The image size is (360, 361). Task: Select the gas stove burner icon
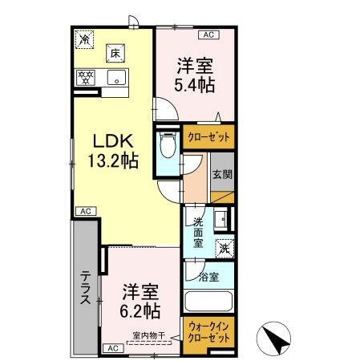(x=86, y=79)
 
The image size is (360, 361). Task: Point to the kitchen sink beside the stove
(x=116, y=79)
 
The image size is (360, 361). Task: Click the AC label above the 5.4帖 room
(x=208, y=35)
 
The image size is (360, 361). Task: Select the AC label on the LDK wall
(x=84, y=211)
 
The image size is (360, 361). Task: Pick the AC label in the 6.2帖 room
(x=112, y=347)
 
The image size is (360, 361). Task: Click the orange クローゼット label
(x=208, y=137)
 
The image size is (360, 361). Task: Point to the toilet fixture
(x=167, y=148)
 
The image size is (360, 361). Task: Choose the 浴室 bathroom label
(x=208, y=278)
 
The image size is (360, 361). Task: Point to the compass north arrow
(x=277, y=338)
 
